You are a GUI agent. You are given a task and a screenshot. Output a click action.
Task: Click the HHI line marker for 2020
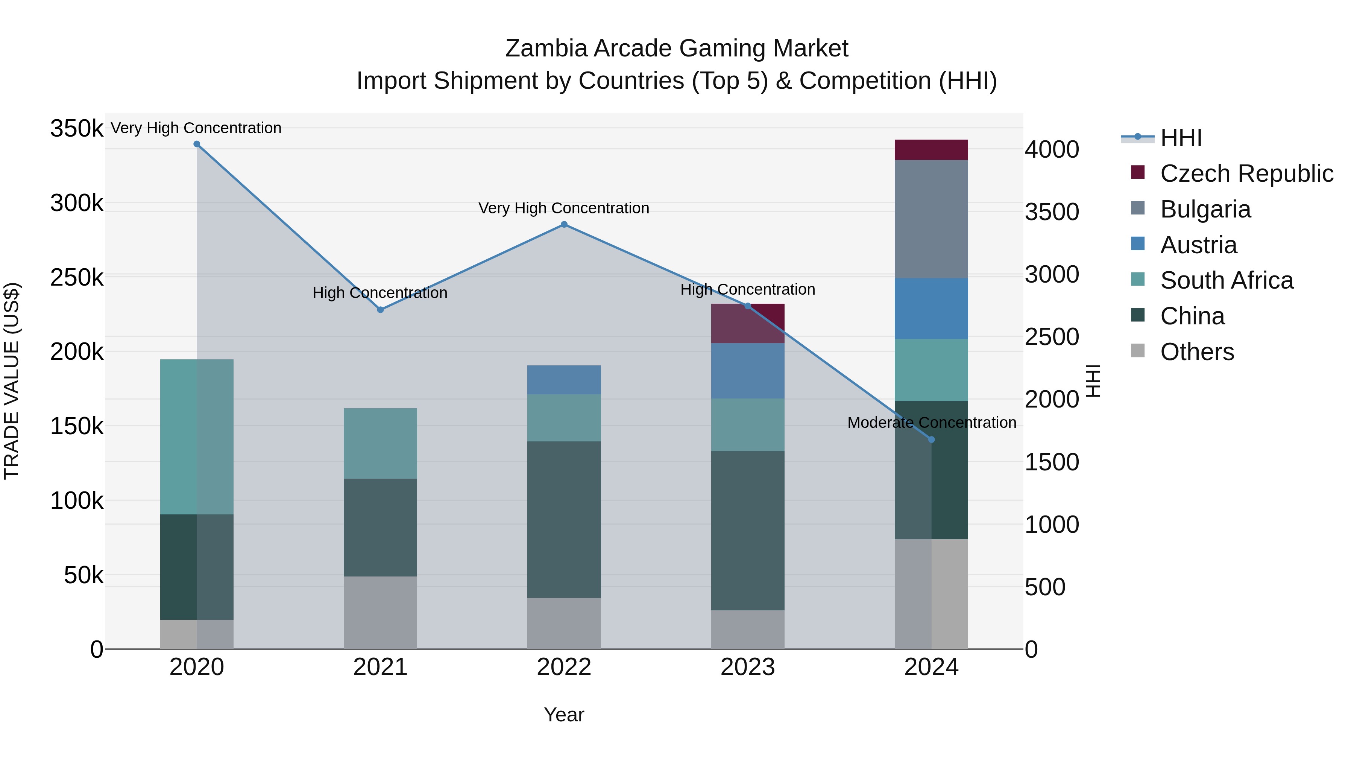point(197,144)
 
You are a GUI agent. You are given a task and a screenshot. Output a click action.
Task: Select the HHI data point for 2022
point(564,225)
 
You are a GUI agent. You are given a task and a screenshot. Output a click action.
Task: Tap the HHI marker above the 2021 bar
point(381,310)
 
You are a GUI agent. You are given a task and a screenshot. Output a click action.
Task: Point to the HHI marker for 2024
point(931,440)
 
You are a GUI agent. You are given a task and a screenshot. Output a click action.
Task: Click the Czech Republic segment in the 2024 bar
point(931,150)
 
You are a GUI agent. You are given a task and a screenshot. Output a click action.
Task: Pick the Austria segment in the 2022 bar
point(564,380)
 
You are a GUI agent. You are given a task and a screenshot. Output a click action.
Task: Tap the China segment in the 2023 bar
point(747,531)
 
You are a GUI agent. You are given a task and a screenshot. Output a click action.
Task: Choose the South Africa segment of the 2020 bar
point(197,437)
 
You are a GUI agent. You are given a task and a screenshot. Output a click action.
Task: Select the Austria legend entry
point(1198,245)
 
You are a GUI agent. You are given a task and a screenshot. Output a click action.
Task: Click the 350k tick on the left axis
point(77,128)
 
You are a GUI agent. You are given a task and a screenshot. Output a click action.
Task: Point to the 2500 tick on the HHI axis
point(1052,337)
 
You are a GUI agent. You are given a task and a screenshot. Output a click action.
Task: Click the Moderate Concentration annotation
point(931,423)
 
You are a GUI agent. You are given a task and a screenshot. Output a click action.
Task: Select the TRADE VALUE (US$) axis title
point(12,381)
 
